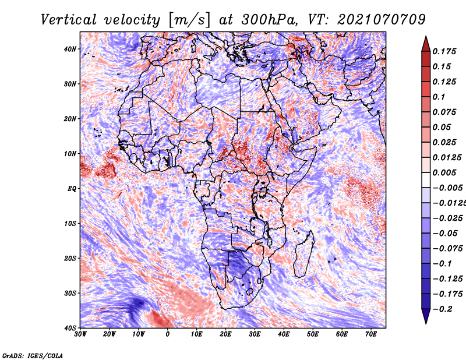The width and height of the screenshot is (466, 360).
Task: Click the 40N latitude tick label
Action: coord(69,49)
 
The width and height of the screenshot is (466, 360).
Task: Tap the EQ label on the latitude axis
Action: coord(72,189)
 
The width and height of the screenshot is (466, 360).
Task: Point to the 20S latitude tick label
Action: coord(69,258)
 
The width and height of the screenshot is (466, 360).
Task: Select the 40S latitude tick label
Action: coord(69,328)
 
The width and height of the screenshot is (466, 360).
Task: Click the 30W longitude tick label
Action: coord(80,334)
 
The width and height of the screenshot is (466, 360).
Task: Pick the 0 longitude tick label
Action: coord(168,334)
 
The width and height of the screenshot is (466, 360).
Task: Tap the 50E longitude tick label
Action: coord(313,334)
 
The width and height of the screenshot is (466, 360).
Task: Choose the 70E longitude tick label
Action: coord(371,334)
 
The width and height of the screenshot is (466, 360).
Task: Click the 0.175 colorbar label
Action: coord(444,51)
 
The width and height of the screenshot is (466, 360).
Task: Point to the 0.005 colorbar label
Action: coord(444,172)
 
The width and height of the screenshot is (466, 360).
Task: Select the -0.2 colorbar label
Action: coord(443,309)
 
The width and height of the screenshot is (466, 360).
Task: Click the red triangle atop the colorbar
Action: coord(426,45)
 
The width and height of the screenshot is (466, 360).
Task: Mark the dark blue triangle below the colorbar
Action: coord(426,316)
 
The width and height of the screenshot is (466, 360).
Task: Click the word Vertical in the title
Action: coord(68,20)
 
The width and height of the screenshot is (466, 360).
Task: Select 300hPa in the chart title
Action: coord(269,20)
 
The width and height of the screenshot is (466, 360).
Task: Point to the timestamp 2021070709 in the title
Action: coord(382,20)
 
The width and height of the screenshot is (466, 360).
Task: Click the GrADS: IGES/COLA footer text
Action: coord(33,356)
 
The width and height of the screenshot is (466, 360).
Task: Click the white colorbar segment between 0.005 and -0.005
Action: coord(426,180)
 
